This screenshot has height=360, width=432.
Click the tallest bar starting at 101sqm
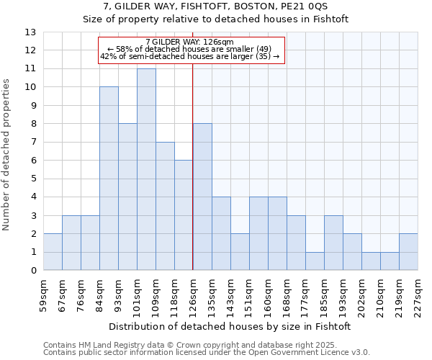tap(146, 169)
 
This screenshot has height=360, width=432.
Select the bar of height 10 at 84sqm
tap(109, 179)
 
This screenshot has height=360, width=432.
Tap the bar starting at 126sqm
tap(202, 197)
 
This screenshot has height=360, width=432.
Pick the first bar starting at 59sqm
tap(53, 252)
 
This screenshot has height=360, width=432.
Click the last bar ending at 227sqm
tap(408, 252)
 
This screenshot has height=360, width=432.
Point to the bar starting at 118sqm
tap(184, 215)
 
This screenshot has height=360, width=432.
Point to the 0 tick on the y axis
tap(33, 271)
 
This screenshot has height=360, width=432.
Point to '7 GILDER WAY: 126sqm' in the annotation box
tap(189, 42)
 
